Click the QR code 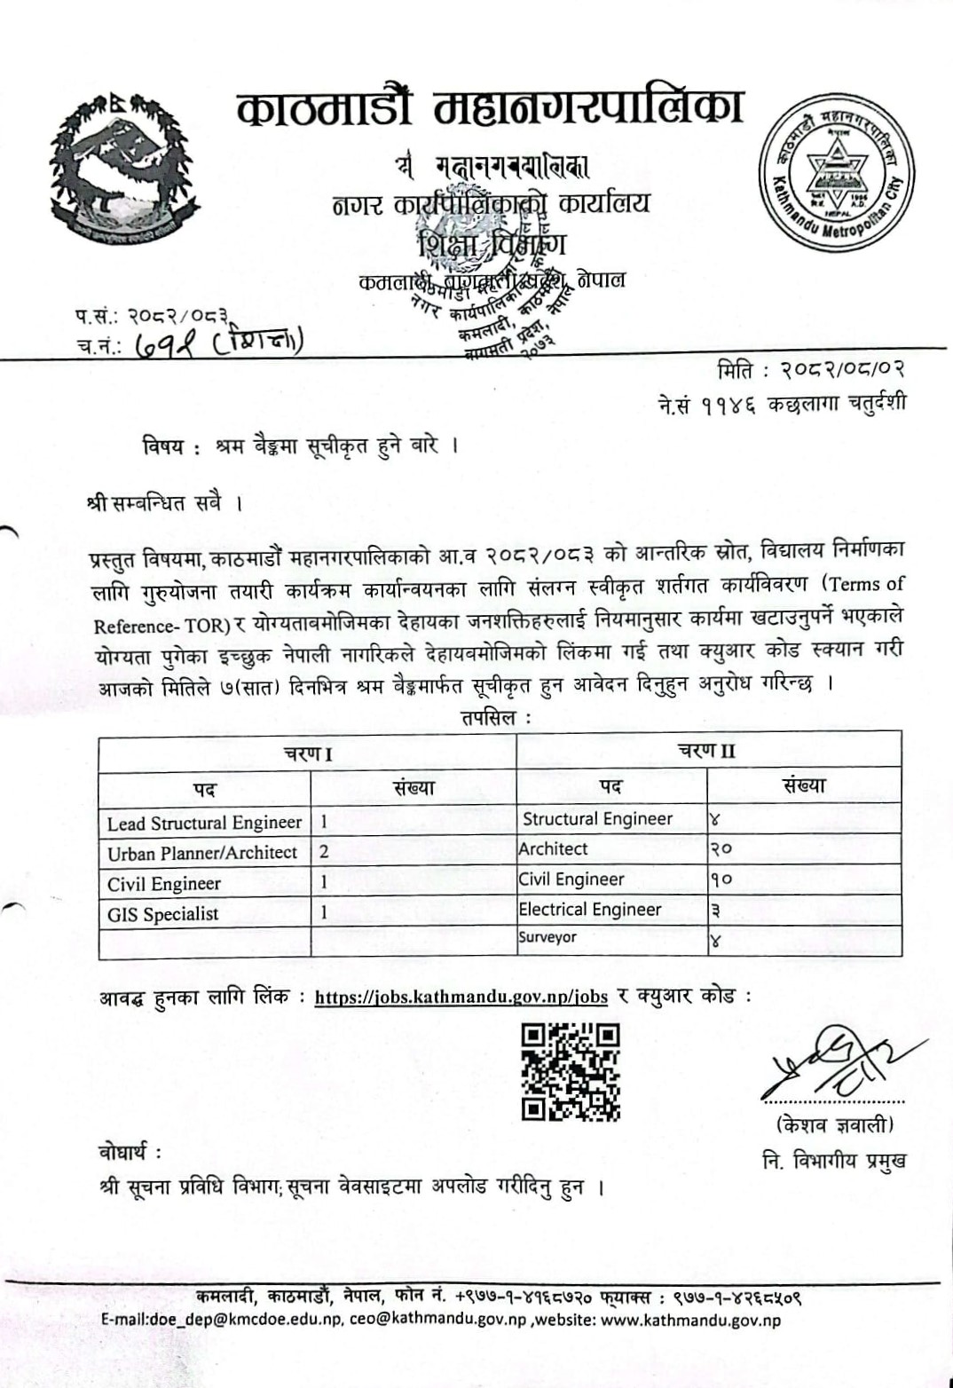(x=571, y=1071)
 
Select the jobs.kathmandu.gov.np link (x=461, y=997)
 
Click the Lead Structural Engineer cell (x=204, y=823)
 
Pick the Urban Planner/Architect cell (x=202, y=853)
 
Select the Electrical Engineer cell (x=590, y=910)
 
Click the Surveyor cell (x=547, y=937)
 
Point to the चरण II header (x=707, y=751)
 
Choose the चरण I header (x=308, y=754)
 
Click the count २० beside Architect (x=721, y=848)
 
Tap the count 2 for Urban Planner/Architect (x=325, y=852)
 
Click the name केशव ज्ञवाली (x=834, y=1125)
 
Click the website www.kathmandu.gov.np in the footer (x=691, y=1320)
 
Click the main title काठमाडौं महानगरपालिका (x=490, y=108)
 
